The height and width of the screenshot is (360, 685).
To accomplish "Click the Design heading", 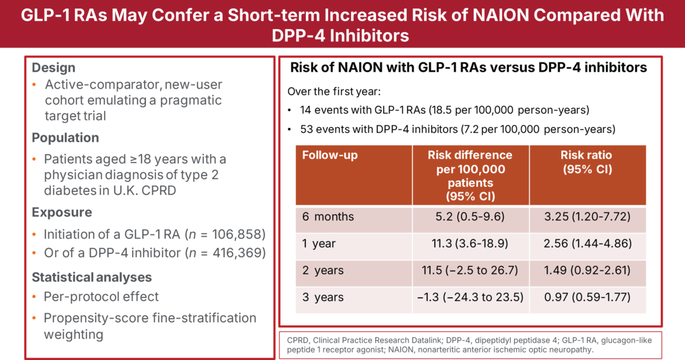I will click(53, 68).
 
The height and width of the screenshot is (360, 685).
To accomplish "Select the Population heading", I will click(65, 138).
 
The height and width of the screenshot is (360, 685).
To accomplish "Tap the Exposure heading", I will click(62, 212).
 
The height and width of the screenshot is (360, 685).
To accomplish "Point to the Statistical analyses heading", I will click(91, 277).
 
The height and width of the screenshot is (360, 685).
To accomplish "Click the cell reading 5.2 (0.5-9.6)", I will click(470, 217).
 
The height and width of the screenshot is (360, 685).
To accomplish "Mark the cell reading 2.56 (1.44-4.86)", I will click(587, 244).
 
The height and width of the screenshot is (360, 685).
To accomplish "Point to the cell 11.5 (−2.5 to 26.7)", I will click(470, 270).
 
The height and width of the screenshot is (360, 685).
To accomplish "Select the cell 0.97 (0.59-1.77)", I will click(587, 297).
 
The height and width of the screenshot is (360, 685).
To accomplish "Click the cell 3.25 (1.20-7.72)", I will click(587, 217).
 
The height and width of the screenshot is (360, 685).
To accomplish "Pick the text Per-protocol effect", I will click(101, 297).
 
